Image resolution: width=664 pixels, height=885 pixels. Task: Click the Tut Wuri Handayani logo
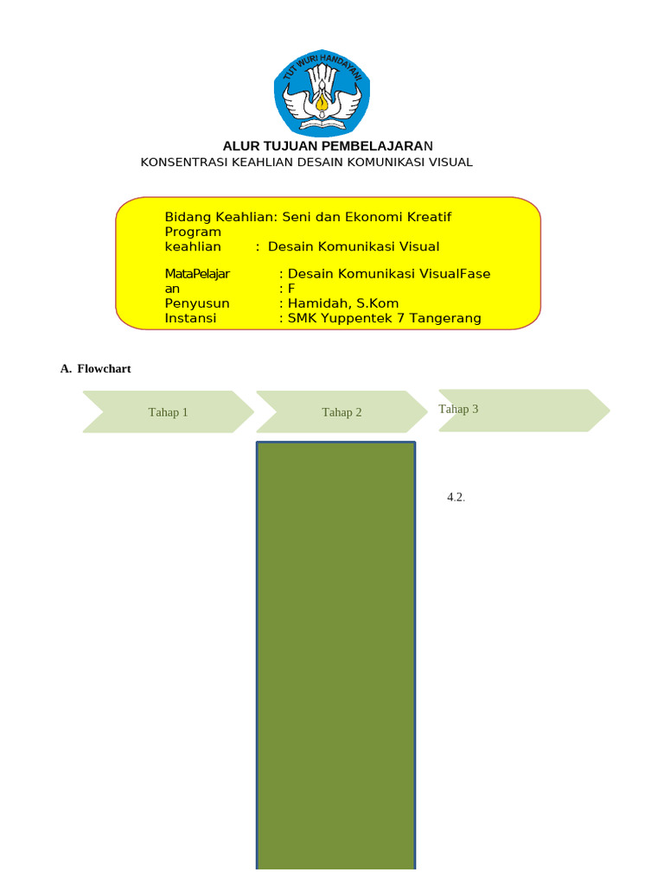click(322, 92)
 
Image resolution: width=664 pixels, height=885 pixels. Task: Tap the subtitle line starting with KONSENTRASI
click(306, 162)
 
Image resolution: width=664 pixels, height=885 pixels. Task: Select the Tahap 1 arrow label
click(168, 412)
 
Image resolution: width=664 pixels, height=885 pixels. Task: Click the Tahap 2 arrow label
click(342, 412)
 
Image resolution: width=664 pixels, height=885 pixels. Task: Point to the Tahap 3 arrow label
click(458, 409)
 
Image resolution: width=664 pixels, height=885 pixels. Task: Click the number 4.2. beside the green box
click(456, 497)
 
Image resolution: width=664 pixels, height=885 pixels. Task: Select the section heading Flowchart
click(104, 369)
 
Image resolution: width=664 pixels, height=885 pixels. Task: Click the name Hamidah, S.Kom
click(343, 303)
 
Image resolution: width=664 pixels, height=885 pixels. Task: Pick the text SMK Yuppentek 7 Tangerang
click(384, 318)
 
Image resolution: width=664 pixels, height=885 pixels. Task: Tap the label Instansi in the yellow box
click(190, 318)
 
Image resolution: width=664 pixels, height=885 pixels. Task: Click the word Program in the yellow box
click(193, 232)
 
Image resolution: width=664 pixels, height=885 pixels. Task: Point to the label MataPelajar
click(197, 274)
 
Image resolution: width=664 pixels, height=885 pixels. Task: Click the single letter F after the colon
click(291, 289)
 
